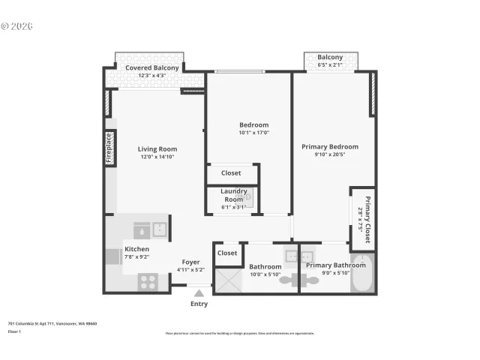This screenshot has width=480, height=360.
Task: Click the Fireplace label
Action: [109, 148]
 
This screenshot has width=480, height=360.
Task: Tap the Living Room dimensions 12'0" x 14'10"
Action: [157, 157]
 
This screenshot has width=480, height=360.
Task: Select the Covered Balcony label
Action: [152, 68]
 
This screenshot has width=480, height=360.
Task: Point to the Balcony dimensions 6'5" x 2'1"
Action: [330, 65]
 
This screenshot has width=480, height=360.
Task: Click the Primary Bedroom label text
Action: [330, 147]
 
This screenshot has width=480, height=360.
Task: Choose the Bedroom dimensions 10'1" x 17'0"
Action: [253, 133]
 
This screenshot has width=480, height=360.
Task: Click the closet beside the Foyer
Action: [227, 253]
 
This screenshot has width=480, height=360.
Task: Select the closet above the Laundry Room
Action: [231, 173]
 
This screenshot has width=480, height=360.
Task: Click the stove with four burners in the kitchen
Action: [148, 283]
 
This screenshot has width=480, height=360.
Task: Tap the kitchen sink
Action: [160, 229]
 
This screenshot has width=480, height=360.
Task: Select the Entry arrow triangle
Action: [199, 293]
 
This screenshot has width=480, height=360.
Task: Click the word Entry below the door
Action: [199, 304]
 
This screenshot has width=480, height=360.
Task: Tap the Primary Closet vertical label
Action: [367, 219]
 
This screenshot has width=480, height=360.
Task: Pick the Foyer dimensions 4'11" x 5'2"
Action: [190, 270]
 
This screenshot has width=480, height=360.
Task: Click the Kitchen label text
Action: [136, 249]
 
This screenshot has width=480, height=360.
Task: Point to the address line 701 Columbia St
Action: [52, 324]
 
